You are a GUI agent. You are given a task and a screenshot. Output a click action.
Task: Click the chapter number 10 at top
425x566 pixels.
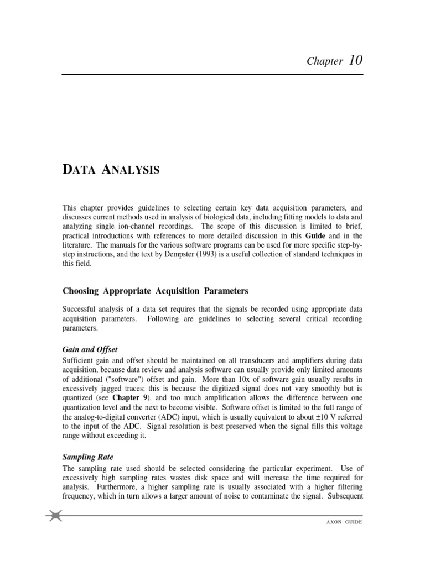(x=356, y=60)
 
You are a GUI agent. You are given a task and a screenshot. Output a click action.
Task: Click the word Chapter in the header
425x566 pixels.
(x=325, y=61)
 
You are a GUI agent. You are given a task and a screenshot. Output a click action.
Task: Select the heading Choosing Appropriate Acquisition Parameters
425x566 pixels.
(x=156, y=290)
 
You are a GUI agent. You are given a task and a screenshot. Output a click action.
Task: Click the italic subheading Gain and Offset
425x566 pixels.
(x=90, y=349)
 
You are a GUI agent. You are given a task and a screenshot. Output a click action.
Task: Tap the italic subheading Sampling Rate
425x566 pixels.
(x=88, y=457)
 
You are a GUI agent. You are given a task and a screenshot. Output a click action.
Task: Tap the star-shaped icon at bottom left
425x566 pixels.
(x=55, y=516)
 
